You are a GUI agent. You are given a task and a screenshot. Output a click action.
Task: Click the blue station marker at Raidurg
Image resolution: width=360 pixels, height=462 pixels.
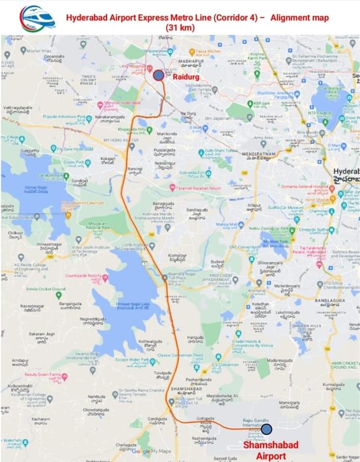point(158,75)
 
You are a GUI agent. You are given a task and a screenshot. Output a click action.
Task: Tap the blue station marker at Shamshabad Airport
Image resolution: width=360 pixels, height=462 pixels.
point(266,429)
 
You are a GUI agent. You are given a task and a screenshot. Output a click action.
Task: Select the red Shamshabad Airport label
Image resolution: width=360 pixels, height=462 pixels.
point(271,450)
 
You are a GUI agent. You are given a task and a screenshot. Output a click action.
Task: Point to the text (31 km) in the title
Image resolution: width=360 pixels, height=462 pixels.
point(180,28)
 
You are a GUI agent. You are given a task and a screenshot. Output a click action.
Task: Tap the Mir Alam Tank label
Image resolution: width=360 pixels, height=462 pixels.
point(273,240)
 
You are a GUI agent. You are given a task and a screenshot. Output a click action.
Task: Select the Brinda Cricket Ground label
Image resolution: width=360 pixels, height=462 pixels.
point(45,289)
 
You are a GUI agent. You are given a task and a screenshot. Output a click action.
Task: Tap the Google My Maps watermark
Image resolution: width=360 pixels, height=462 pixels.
point(149,451)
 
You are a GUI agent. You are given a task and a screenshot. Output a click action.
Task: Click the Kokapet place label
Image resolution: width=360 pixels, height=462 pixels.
point(108,159)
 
